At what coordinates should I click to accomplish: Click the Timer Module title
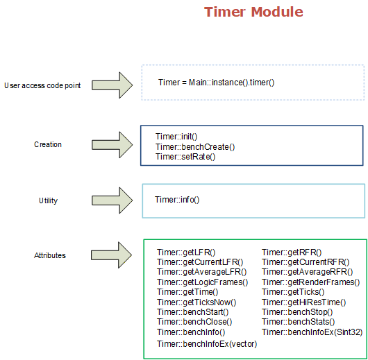253,12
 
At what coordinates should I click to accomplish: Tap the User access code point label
42,85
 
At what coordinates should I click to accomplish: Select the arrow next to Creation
112,145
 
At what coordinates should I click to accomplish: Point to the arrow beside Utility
112,200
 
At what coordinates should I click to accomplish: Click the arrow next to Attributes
112,255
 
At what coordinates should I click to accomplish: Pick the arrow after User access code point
112,85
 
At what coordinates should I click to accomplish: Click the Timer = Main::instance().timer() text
216,83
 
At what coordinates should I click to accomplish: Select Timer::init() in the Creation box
176,136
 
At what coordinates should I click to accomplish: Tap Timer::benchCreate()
195,147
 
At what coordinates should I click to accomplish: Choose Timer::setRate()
185,157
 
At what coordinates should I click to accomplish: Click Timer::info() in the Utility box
177,200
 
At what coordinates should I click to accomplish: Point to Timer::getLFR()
186,252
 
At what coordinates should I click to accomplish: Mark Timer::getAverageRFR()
307,272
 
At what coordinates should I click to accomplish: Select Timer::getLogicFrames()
202,282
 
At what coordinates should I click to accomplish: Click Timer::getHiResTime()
304,302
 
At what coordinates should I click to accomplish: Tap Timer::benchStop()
297,312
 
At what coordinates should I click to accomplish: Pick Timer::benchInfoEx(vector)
207,344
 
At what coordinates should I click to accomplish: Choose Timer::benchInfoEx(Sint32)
312,332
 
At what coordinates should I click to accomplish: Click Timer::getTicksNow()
196,302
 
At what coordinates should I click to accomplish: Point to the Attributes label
50,255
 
